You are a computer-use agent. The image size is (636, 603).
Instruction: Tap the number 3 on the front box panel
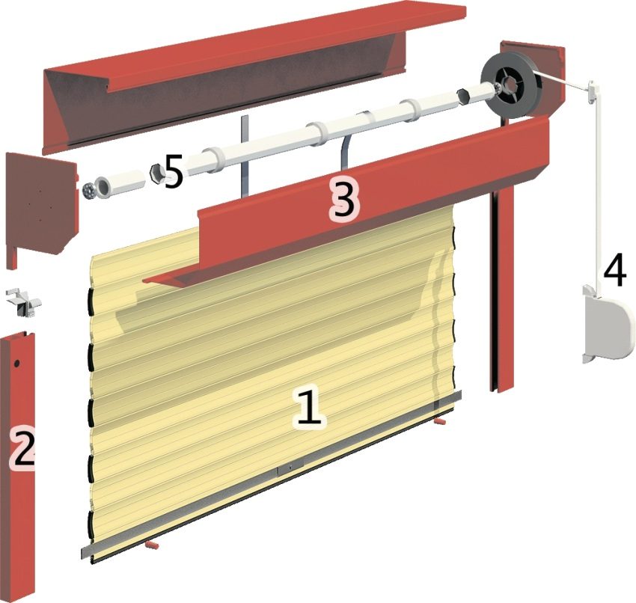tap(343, 201)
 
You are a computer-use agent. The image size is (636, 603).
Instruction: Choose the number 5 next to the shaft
tap(173, 173)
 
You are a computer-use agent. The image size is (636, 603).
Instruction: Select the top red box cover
tap(239, 75)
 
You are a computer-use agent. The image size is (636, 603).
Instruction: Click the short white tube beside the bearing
tap(120, 183)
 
